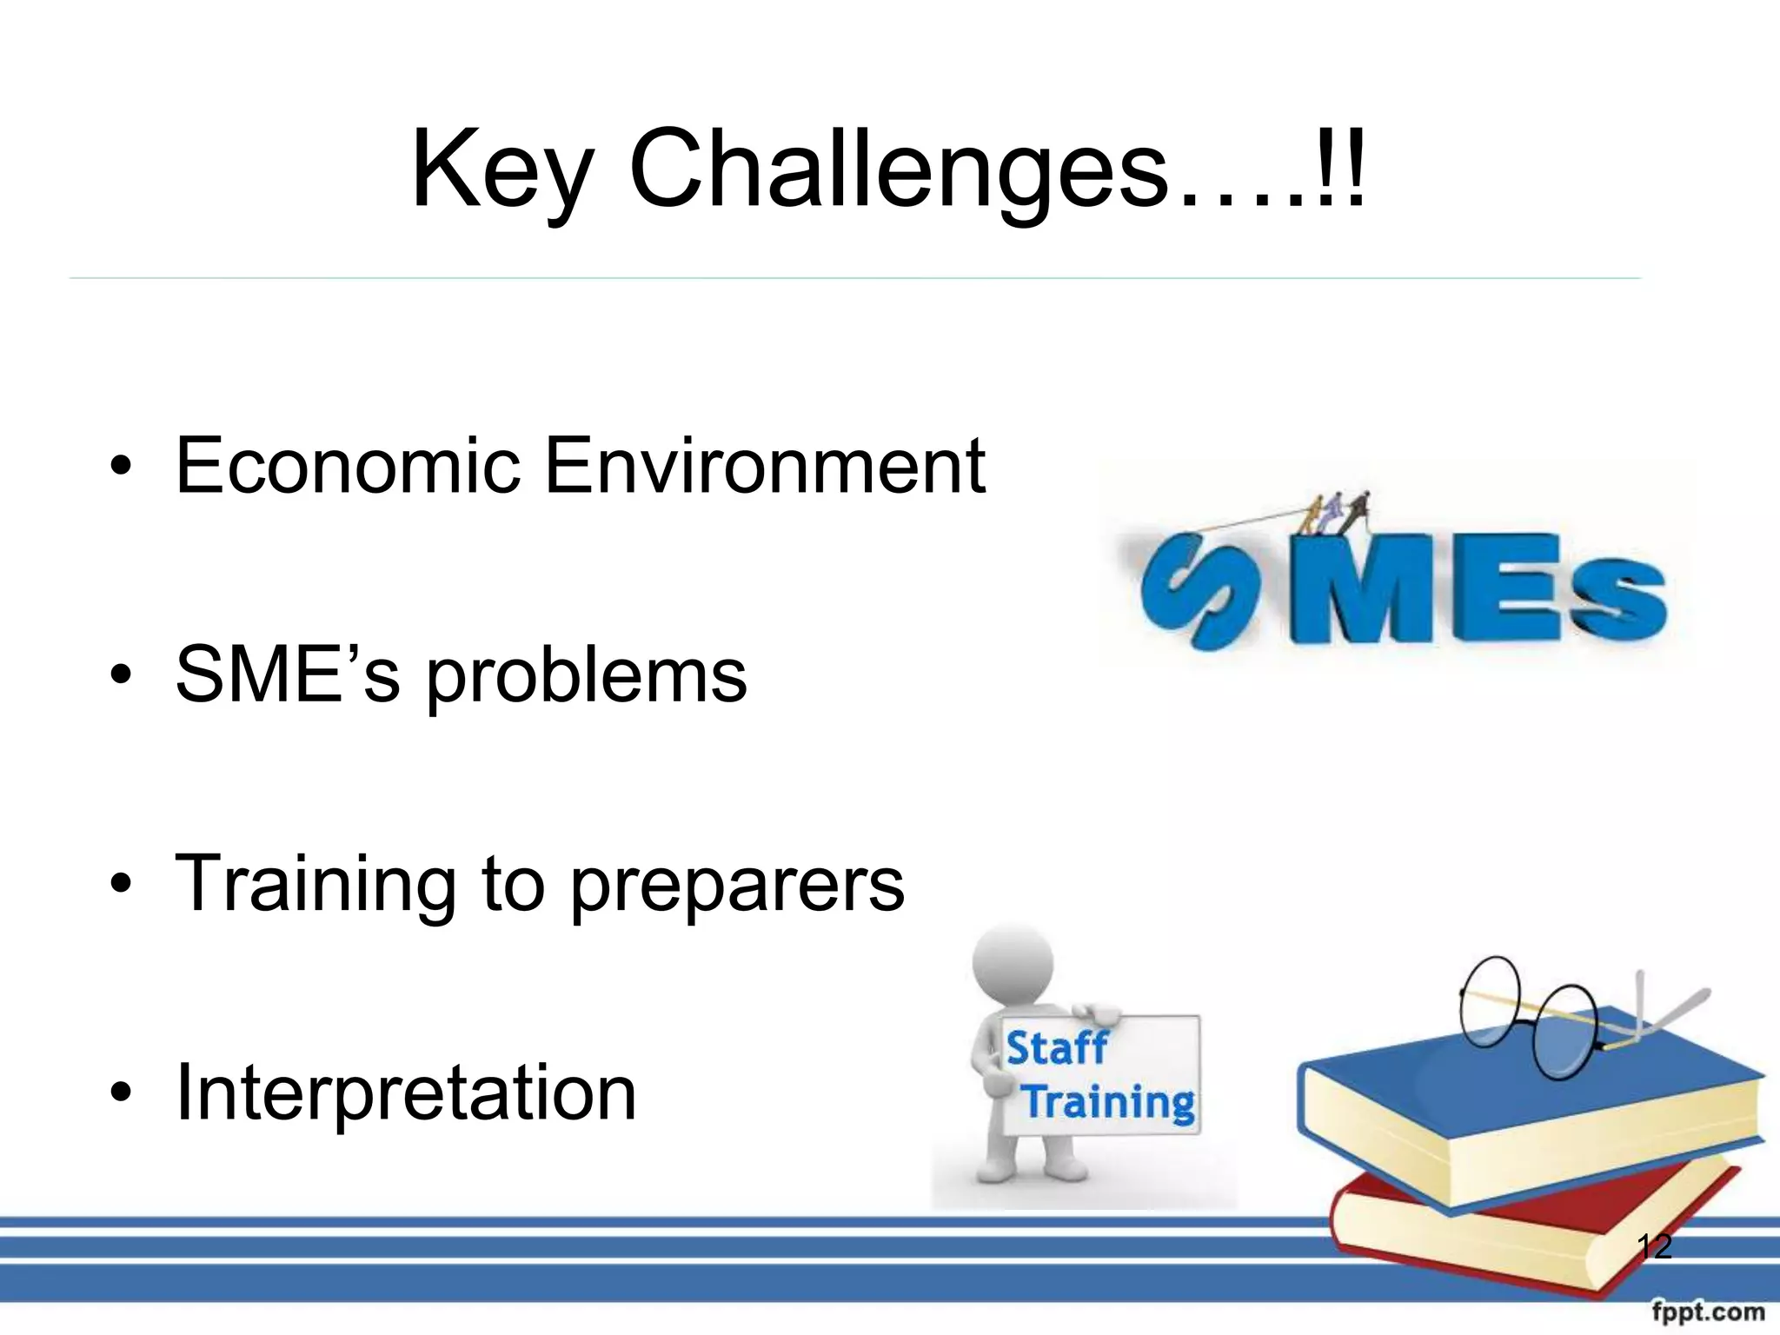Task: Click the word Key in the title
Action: click(x=502, y=169)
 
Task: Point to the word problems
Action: click(x=587, y=678)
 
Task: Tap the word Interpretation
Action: click(x=406, y=1093)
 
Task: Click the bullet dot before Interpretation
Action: click(x=121, y=1093)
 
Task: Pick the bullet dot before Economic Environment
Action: click(x=121, y=467)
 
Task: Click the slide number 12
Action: click(x=1654, y=1246)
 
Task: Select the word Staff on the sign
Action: click(x=1057, y=1047)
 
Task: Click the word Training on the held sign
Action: click(x=1109, y=1102)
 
